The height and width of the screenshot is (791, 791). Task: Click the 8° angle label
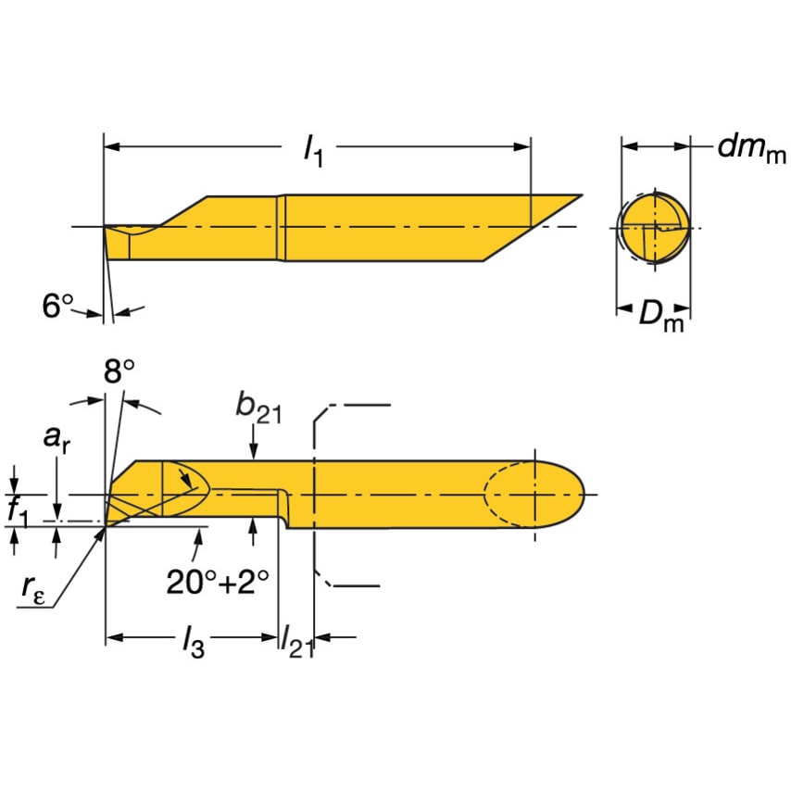(119, 372)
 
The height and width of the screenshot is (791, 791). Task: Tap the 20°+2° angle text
(218, 582)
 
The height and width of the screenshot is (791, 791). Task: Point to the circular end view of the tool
(654, 228)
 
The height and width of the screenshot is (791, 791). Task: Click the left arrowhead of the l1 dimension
(111, 145)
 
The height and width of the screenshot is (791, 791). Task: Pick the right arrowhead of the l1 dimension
(523, 145)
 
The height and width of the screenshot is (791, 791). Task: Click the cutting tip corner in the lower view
(106, 525)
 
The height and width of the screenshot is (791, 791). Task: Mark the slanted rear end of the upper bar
(533, 228)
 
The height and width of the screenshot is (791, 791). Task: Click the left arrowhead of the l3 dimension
(113, 637)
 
